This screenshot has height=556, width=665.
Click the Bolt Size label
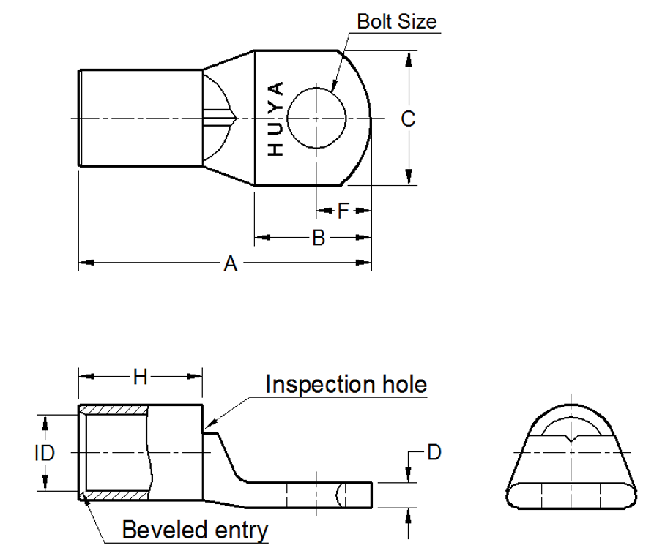[x=396, y=21]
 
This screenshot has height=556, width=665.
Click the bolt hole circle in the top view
[x=316, y=118]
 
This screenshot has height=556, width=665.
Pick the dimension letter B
[x=319, y=238]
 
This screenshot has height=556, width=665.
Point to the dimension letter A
[x=231, y=264]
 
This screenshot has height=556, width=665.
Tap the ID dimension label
[x=44, y=453]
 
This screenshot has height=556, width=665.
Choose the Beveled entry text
[x=195, y=530]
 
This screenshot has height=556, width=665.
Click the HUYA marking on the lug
[x=275, y=119]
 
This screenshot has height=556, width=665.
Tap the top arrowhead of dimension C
[x=409, y=58]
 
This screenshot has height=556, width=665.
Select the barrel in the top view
[x=139, y=118]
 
